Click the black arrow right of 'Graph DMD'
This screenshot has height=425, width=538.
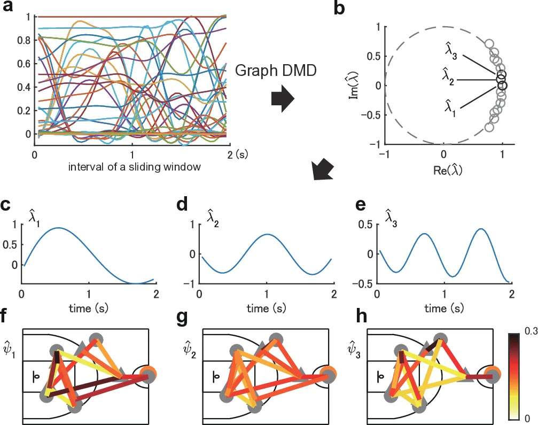282,99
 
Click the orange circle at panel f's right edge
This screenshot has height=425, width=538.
152,372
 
